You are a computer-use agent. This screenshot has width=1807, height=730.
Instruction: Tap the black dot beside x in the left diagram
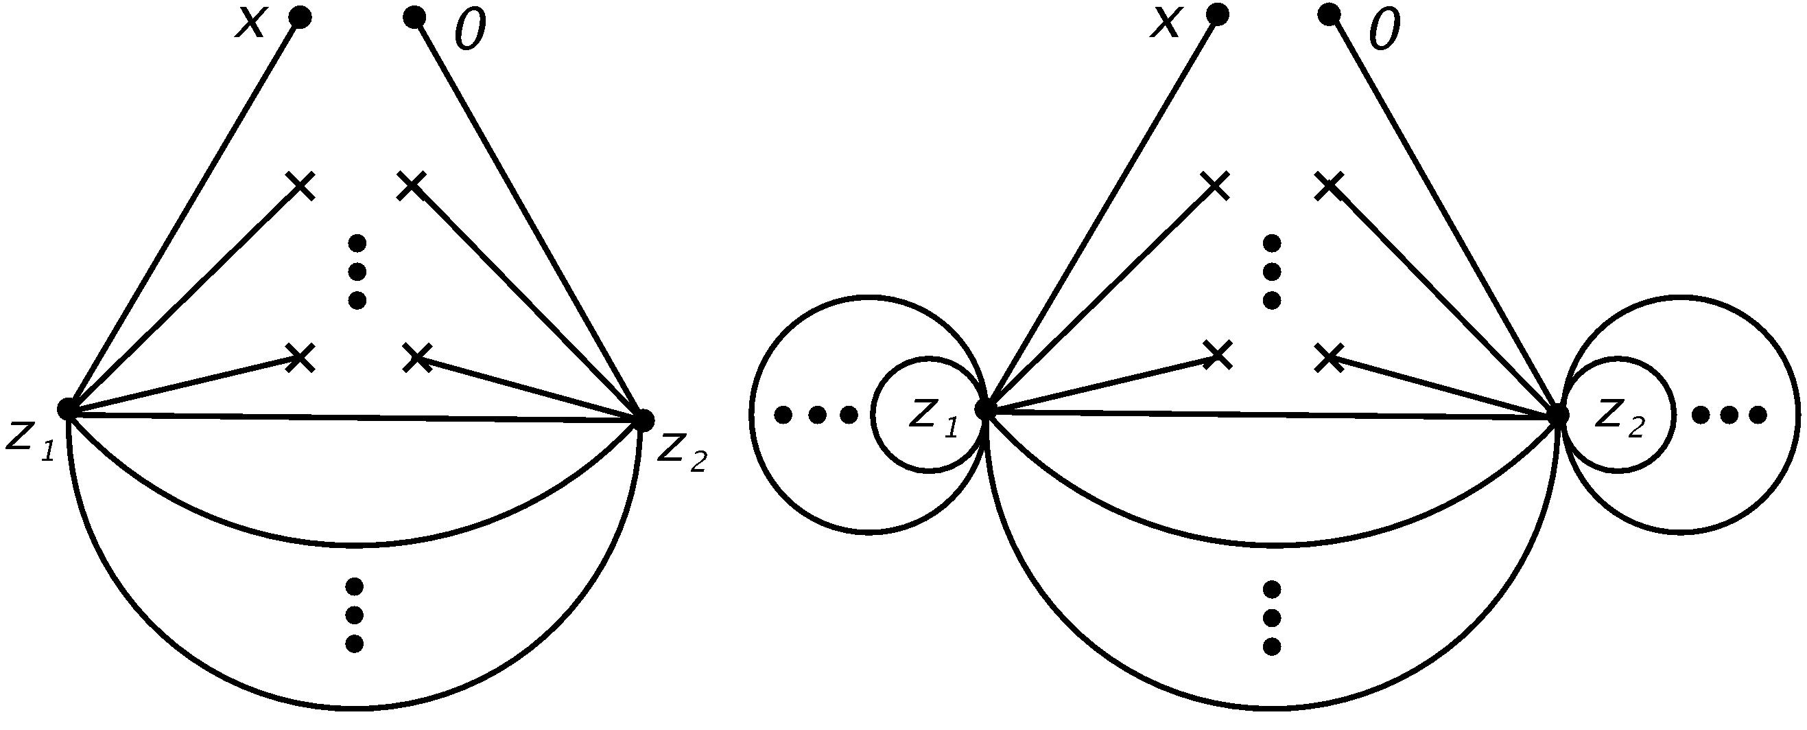[301, 18]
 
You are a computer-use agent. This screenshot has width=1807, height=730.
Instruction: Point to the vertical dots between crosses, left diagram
[357, 273]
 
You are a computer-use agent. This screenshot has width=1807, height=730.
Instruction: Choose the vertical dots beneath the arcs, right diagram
[1271, 617]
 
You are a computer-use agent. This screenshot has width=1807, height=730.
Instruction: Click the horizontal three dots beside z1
[816, 415]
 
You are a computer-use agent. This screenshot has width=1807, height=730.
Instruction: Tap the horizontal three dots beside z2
[1728, 415]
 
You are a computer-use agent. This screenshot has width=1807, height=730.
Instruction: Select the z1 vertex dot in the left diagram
[67, 408]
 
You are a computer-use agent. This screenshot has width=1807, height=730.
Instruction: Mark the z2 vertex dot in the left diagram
[642, 420]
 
